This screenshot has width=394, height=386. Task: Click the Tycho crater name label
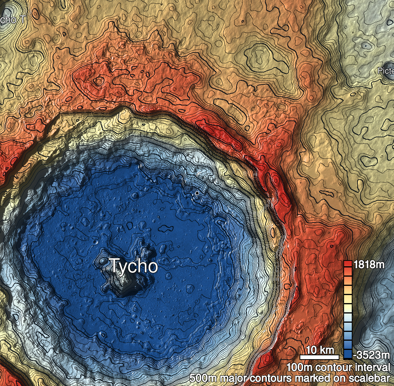[x=134, y=266]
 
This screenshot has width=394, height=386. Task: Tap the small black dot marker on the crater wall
[x=197, y=193]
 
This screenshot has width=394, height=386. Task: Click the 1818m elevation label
[x=369, y=264]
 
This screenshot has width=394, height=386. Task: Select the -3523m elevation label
[x=371, y=353]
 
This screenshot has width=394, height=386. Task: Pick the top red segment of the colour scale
[x=348, y=264]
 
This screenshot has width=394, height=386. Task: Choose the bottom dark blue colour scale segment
[x=348, y=354]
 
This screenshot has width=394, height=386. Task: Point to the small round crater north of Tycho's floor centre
[x=134, y=196]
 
